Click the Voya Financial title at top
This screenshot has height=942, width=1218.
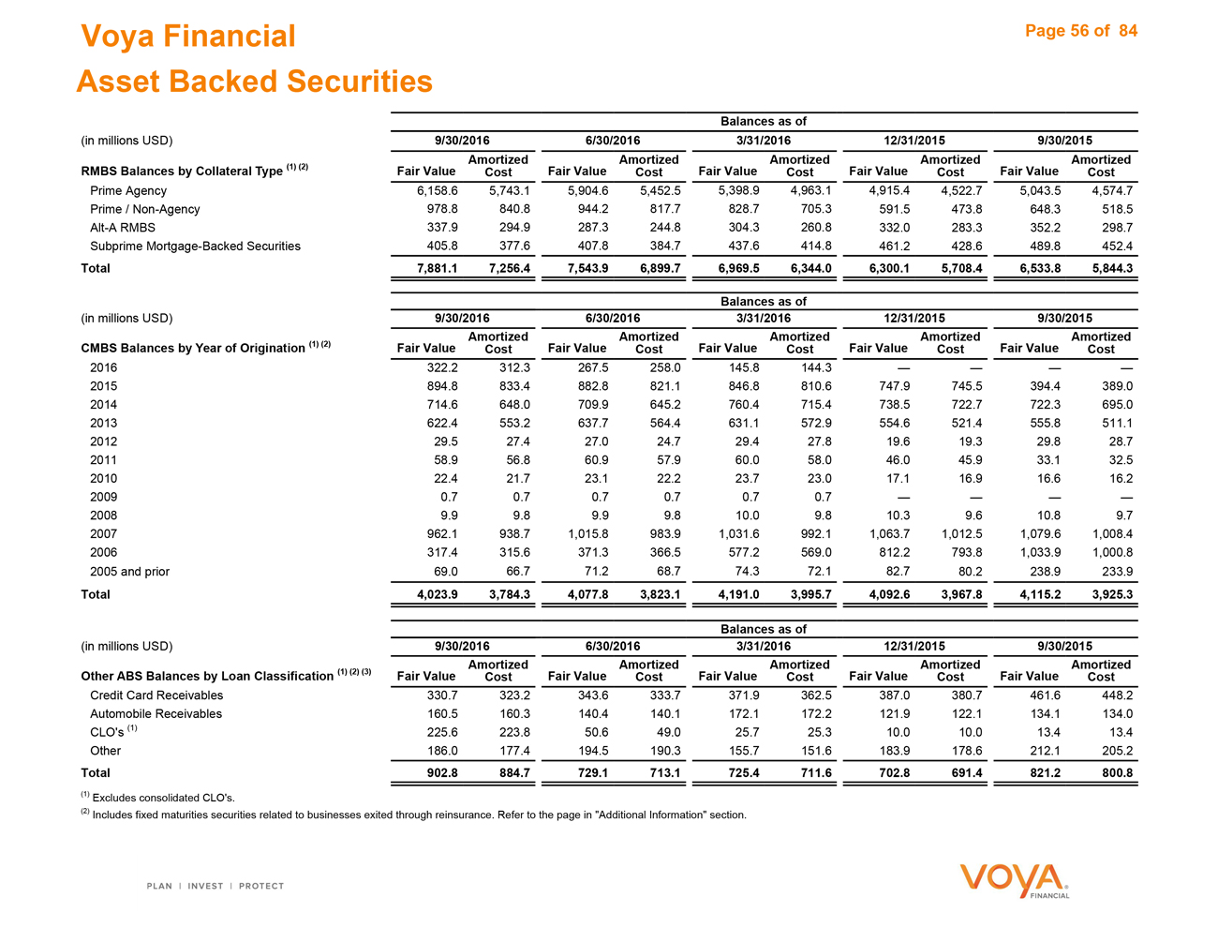188,37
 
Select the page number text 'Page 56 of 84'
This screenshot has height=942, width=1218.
1080,31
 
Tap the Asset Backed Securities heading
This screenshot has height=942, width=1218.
255,82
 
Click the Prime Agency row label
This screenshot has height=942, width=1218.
128,190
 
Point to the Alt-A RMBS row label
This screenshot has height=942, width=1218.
123,228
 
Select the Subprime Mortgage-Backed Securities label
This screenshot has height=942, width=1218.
195,247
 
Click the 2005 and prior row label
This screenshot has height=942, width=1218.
129,571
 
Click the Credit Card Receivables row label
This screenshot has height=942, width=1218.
156,695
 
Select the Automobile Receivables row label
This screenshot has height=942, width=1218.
156,714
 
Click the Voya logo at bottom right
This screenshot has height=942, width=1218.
1015,881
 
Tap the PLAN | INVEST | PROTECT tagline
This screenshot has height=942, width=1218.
215,886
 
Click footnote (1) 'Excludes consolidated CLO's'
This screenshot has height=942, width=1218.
158,798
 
